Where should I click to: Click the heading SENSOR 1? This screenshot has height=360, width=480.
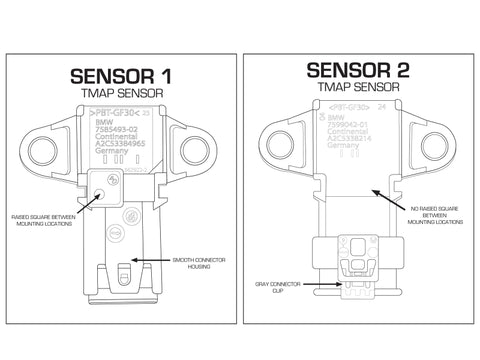click(x=120, y=75)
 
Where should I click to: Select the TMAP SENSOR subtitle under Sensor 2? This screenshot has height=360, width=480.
click(x=358, y=87)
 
